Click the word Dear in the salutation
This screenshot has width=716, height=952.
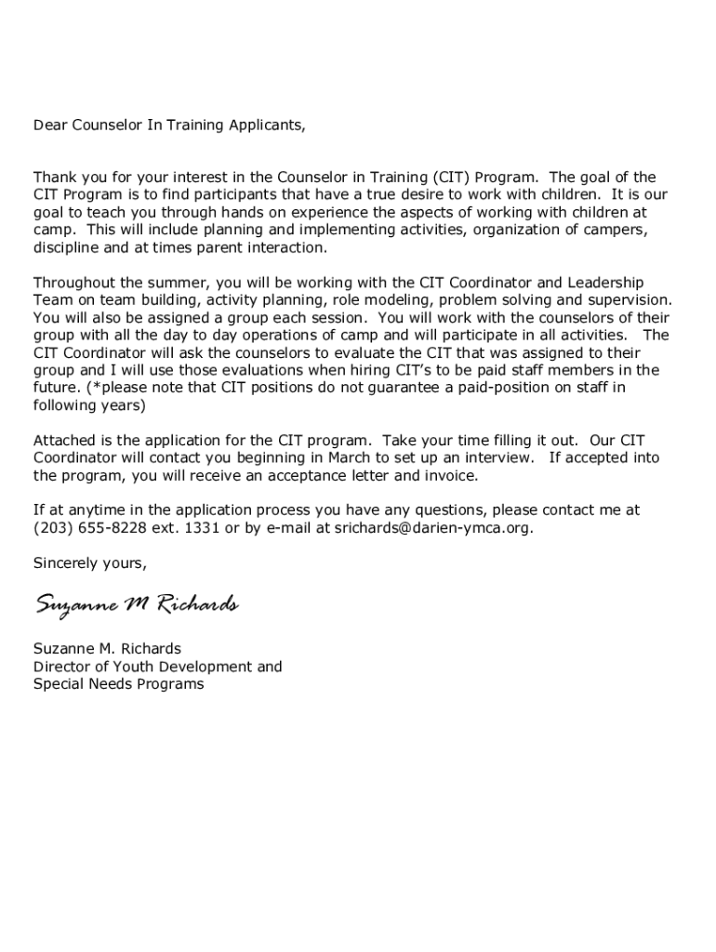49,125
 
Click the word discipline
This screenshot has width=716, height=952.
67,247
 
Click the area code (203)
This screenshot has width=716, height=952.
51,528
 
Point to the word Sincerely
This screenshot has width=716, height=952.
66,563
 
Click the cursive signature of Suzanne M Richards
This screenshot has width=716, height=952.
137,605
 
